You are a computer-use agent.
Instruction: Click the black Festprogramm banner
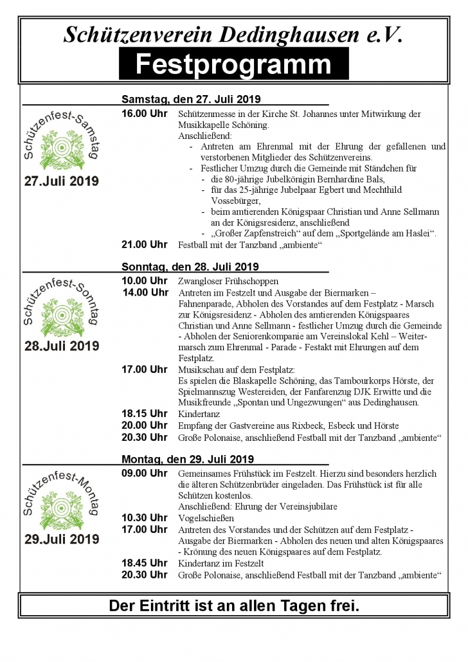tap(233, 64)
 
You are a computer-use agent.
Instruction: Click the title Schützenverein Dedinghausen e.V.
tap(233, 35)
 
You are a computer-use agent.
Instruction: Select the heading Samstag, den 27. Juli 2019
tap(190, 100)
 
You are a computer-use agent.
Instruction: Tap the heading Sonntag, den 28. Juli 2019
tap(190, 267)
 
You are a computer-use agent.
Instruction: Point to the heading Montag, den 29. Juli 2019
tap(188, 460)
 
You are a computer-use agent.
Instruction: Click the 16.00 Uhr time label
tap(145, 114)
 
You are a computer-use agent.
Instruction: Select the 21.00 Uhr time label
tap(145, 245)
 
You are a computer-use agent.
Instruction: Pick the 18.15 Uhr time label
tap(145, 414)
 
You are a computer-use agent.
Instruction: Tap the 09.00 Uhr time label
tap(145, 473)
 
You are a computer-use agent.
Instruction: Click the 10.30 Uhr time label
tap(145, 517)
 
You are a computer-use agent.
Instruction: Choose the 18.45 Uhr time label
tap(145, 562)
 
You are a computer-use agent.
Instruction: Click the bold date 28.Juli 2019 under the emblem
tap(62, 346)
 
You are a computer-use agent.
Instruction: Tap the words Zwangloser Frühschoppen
tap(228, 282)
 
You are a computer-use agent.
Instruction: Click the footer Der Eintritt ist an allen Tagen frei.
tap(233, 605)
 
